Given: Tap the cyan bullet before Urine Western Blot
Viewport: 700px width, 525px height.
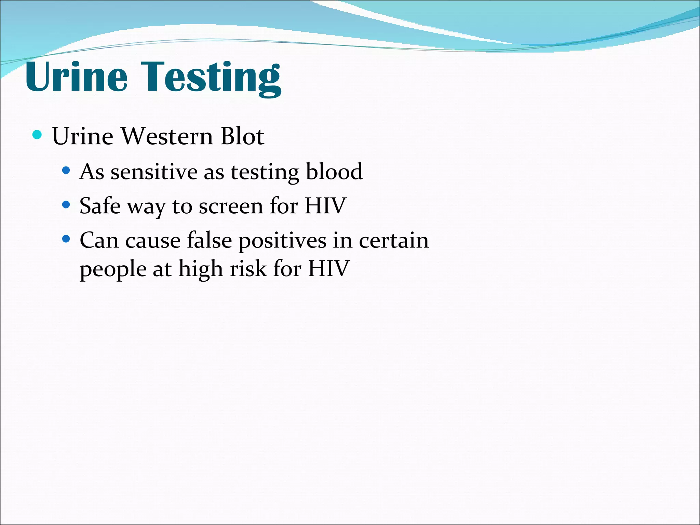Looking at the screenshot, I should click(x=37, y=135).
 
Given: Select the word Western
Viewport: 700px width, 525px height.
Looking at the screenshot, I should click(x=167, y=136).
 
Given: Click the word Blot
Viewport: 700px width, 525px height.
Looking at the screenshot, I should click(x=242, y=136).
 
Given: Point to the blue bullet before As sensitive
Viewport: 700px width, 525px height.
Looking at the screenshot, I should click(x=66, y=170).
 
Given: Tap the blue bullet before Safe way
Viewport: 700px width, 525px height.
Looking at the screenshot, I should click(x=66, y=205).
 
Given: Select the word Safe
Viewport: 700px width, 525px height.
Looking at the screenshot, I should click(x=100, y=206).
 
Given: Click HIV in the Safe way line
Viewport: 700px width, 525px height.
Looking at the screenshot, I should click(x=325, y=206).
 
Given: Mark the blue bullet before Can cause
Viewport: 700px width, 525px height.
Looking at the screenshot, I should click(x=66, y=239).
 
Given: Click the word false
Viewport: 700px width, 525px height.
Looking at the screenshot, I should click(x=210, y=240).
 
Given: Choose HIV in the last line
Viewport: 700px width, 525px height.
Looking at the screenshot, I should click(x=328, y=269).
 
